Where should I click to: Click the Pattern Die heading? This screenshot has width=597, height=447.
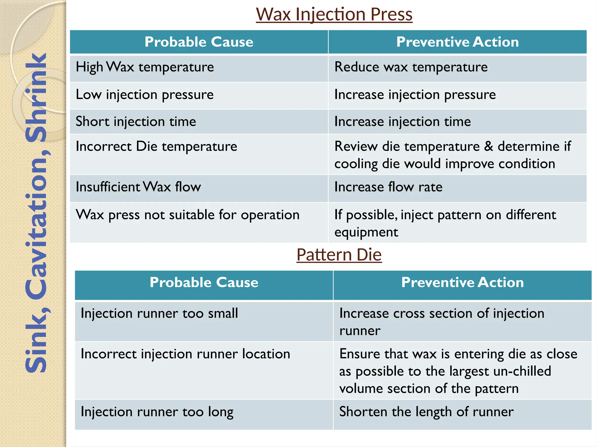pyautogui.click(x=339, y=255)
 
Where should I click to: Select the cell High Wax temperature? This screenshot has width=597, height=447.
pyautogui.click(x=145, y=67)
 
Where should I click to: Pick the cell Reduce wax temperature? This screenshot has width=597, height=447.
pyautogui.click(x=411, y=67)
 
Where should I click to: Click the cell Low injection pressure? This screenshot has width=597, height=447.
pyautogui.click(x=145, y=95)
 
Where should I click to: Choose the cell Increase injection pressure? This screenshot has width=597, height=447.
pyautogui.click(x=415, y=95)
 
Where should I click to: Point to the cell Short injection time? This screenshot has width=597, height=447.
pyautogui.click(x=136, y=122)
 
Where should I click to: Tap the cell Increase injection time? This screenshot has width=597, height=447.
pyautogui.click(x=402, y=122)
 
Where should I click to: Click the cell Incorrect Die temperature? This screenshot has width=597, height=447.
pyautogui.click(x=156, y=146)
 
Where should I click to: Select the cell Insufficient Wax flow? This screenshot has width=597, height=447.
pyautogui.click(x=138, y=187)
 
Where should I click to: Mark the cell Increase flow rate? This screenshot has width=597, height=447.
pyautogui.click(x=388, y=187)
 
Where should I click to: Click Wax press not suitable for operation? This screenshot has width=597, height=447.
pyautogui.click(x=187, y=215)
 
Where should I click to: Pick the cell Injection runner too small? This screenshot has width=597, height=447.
pyautogui.click(x=159, y=313)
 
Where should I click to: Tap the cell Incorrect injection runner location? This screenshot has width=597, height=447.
pyautogui.click(x=185, y=354)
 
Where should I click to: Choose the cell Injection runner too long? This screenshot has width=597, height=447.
pyautogui.click(x=157, y=412)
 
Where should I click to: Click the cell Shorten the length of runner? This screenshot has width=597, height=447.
pyautogui.click(x=426, y=412)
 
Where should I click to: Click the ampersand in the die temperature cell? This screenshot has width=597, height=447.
pyautogui.click(x=489, y=146)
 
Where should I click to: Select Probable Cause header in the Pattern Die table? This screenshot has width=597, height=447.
pyautogui.click(x=204, y=283)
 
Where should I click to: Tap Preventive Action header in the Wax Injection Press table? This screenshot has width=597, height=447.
pyautogui.click(x=457, y=42)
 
